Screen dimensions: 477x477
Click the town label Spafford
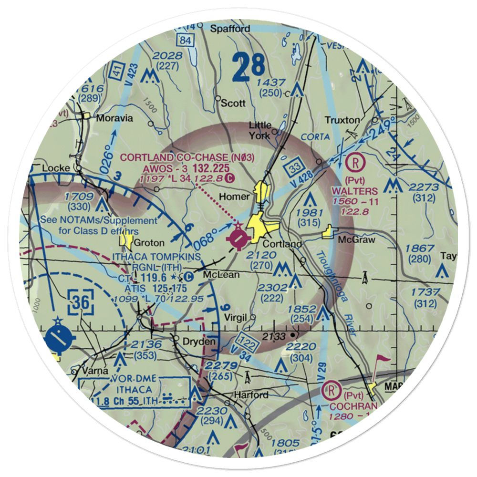(x=231, y=29)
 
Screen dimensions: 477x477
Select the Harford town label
(x=251, y=395)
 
